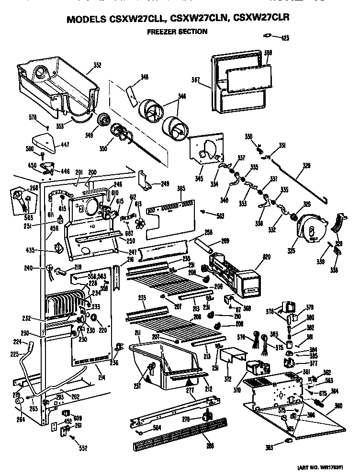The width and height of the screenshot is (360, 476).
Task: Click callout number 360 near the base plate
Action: (338, 406)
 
